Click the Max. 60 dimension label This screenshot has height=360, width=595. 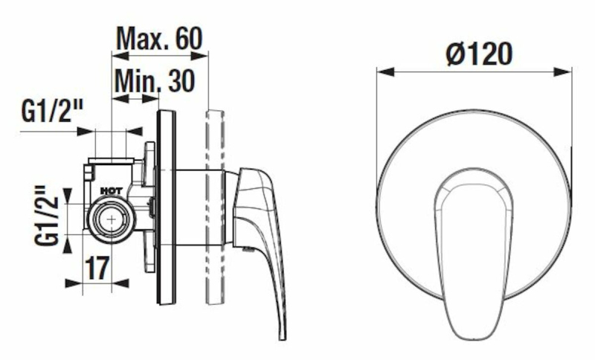click(x=159, y=38)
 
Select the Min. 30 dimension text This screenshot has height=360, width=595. click(x=155, y=80)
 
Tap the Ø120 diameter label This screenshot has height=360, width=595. click(x=479, y=54)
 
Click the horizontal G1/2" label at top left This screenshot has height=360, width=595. click(x=52, y=111)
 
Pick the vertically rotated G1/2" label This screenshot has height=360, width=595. click(x=47, y=215)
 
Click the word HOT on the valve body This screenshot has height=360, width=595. click(x=111, y=191)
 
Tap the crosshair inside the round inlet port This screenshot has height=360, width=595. click(x=112, y=219)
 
